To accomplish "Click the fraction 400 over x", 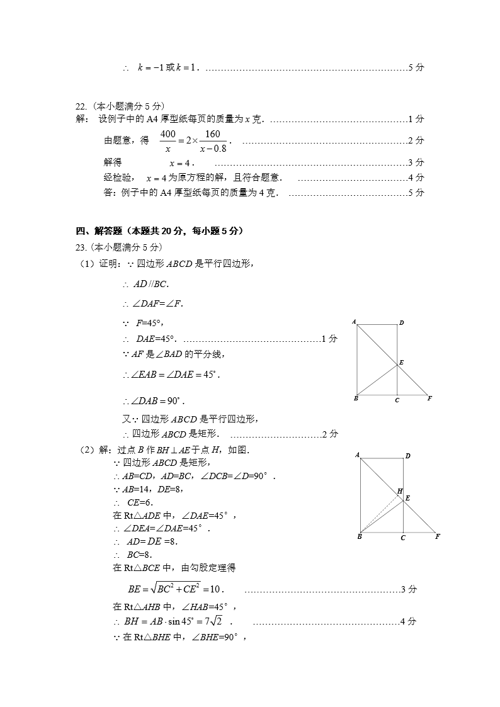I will click(168, 141).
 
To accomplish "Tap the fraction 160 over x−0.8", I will click(213, 141).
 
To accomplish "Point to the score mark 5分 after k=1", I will click(416, 67).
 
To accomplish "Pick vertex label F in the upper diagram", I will click(429, 399).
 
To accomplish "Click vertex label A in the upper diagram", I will click(354, 322).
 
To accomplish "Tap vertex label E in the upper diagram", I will click(401, 363).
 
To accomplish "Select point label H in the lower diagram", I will click(399, 490).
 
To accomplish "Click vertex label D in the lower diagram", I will click(407, 455).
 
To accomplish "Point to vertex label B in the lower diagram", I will click(359, 537).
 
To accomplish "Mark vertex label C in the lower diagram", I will click(403, 538).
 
